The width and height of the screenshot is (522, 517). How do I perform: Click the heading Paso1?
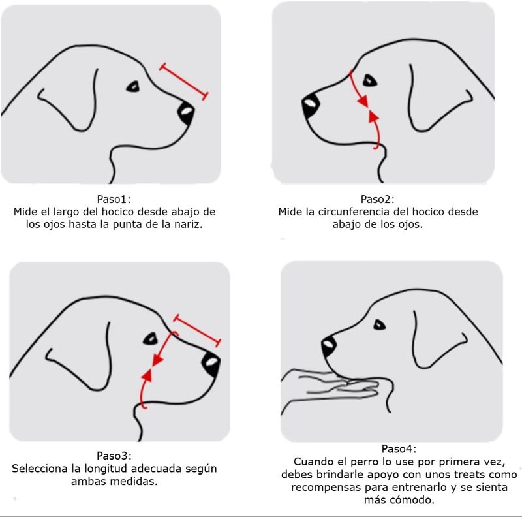pos(114,199)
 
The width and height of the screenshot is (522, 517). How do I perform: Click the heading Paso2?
pos(378,199)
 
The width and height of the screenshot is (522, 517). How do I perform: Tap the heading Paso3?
pos(114,456)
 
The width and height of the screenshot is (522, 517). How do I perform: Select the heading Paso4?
pos(399,449)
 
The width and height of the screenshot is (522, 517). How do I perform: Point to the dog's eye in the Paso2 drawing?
pos(369,80)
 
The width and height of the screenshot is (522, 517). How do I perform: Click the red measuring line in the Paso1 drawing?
pos(184,82)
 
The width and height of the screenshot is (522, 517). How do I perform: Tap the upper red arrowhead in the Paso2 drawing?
pos(363,101)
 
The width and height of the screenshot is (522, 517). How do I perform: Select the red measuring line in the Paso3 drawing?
pos(197,330)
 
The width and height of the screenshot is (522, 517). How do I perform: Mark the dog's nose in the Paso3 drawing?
pos(211,364)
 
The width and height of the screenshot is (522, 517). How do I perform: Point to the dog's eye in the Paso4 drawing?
pos(379,325)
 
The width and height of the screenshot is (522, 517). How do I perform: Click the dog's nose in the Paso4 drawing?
pos(329,347)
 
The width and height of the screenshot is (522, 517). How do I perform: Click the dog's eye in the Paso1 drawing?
pos(133,87)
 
